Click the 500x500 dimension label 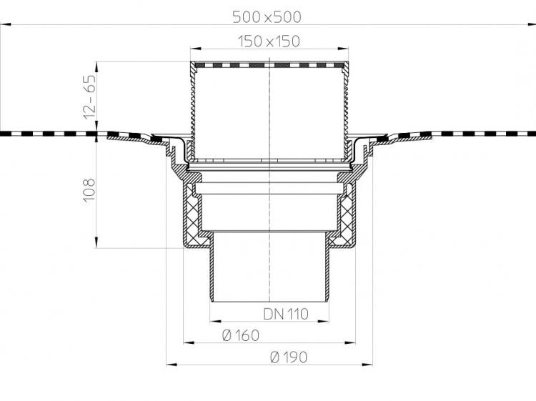coord(267,16)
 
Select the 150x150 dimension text coord(269,41)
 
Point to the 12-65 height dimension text coord(90,97)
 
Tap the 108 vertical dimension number coord(89,190)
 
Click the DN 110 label coord(286,314)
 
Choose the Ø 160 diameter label coord(241,335)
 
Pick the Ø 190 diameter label coord(289,357)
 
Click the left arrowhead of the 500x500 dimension coord(6,24)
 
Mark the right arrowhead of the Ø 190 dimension coord(367,365)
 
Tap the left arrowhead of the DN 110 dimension coord(215,322)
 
